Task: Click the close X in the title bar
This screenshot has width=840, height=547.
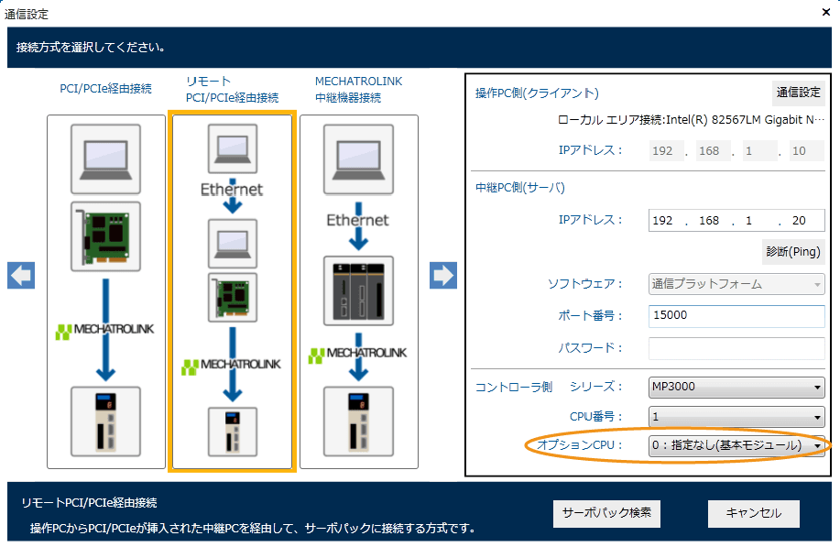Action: point(824,14)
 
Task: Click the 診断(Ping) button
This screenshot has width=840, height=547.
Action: point(792,251)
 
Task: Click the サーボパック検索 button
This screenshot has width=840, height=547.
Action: point(606,513)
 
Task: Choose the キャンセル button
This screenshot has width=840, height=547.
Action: point(753,513)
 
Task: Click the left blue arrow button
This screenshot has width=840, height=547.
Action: point(21,275)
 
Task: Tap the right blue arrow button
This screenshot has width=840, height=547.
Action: point(443,275)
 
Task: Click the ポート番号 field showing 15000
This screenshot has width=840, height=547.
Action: point(736,316)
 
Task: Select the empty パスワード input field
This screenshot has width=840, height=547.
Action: point(736,348)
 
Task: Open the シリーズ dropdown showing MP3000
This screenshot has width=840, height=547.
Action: point(736,387)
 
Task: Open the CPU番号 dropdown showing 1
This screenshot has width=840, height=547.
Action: point(736,417)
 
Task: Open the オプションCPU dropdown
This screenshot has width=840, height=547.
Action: point(736,445)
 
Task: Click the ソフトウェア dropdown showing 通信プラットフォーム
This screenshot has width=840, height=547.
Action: point(736,284)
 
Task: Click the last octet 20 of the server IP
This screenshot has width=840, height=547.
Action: point(800,221)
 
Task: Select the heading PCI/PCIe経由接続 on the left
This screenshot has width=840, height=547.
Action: point(105,89)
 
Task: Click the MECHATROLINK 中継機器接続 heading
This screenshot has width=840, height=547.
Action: point(358,89)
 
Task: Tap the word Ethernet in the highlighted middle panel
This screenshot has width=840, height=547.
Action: point(232,190)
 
